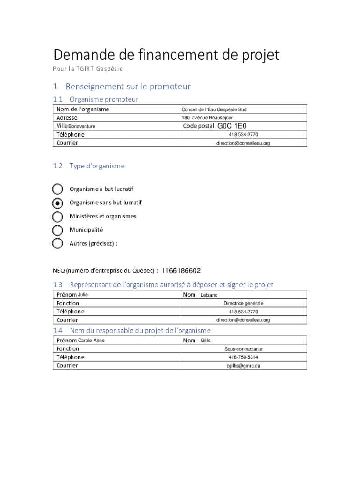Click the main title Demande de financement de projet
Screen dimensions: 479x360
[166, 55]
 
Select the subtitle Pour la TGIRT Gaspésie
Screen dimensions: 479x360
[88, 69]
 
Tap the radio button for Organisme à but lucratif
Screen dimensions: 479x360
[58, 189]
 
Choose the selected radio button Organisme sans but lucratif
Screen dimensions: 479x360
[58, 203]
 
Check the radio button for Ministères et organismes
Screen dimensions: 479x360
[58, 217]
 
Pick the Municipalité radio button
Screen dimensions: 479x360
[58, 230]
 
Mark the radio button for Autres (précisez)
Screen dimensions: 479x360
[58, 243]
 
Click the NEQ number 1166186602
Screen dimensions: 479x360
[181, 271]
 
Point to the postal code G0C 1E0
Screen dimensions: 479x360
[232, 126]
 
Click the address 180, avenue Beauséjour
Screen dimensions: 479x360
[207, 118]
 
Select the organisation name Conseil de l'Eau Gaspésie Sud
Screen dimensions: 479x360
[214, 109]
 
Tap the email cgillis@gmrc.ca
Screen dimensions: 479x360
[243, 366]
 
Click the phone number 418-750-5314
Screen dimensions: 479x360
[243, 357]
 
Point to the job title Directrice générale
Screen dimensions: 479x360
[243, 304]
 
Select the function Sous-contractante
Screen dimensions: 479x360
[243, 349]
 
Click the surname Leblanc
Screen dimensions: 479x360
[209, 295]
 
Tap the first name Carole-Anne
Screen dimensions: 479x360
[91, 341]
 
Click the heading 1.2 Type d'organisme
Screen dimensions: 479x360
[89, 166]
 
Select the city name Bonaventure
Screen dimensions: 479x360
[82, 126]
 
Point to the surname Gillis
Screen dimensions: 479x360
[206, 341]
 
